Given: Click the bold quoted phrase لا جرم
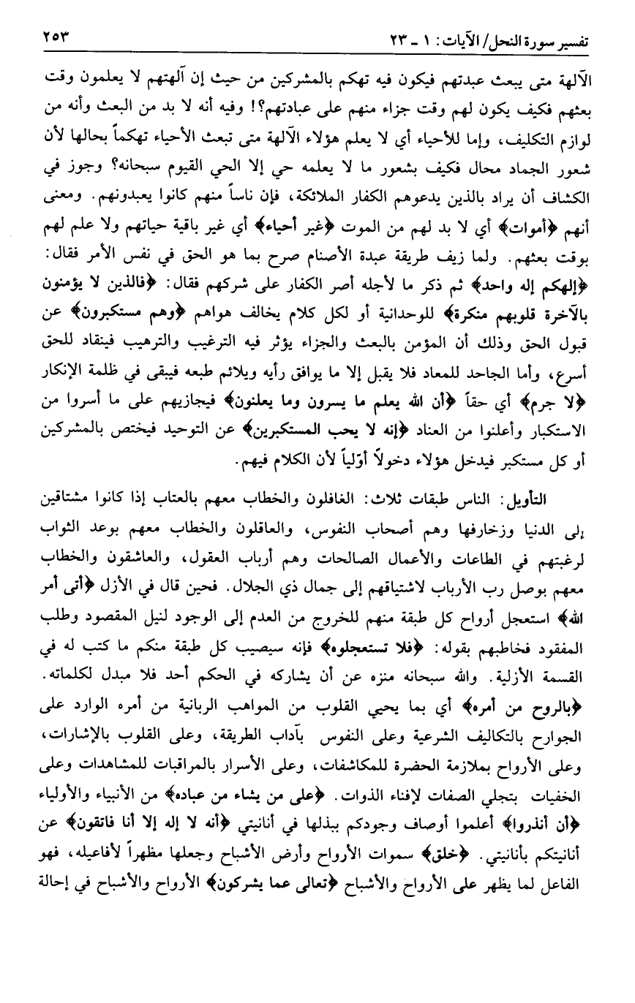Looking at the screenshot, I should (577, 423).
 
